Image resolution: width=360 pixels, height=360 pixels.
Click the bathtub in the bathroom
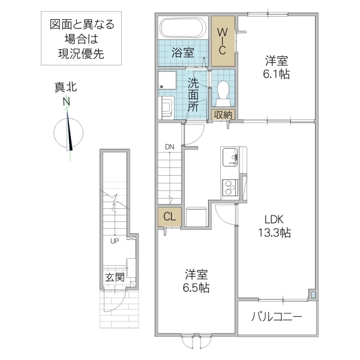point(183,28)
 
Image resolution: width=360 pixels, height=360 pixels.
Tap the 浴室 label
point(183,52)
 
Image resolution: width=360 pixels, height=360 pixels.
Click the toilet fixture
point(223,91)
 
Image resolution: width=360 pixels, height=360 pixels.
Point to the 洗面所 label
point(193,94)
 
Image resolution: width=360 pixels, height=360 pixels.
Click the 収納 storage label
point(223,114)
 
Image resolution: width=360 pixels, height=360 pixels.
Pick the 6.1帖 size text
point(277,74)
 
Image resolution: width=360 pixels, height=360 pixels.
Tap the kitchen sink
point(230,158)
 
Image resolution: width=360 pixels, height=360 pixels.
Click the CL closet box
point(169,217)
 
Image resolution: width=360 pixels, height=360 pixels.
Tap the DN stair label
point(170,146)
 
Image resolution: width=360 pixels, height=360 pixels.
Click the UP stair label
point(113,241)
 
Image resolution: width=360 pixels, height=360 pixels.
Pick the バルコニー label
point(277,316)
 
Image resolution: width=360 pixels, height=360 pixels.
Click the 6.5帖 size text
point(196,288)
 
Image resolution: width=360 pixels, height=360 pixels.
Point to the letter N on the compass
point(67,102)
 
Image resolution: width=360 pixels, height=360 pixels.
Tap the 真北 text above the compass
point(66,88)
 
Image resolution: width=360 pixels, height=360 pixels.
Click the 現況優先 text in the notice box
point(81,53)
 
